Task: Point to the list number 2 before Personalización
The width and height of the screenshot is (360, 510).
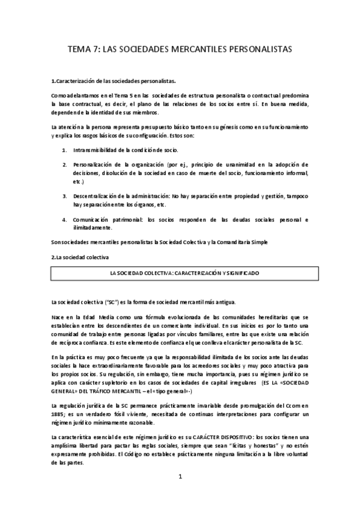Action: [x=65, y=164]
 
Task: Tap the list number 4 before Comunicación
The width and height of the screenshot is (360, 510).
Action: [x=65, y=220]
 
